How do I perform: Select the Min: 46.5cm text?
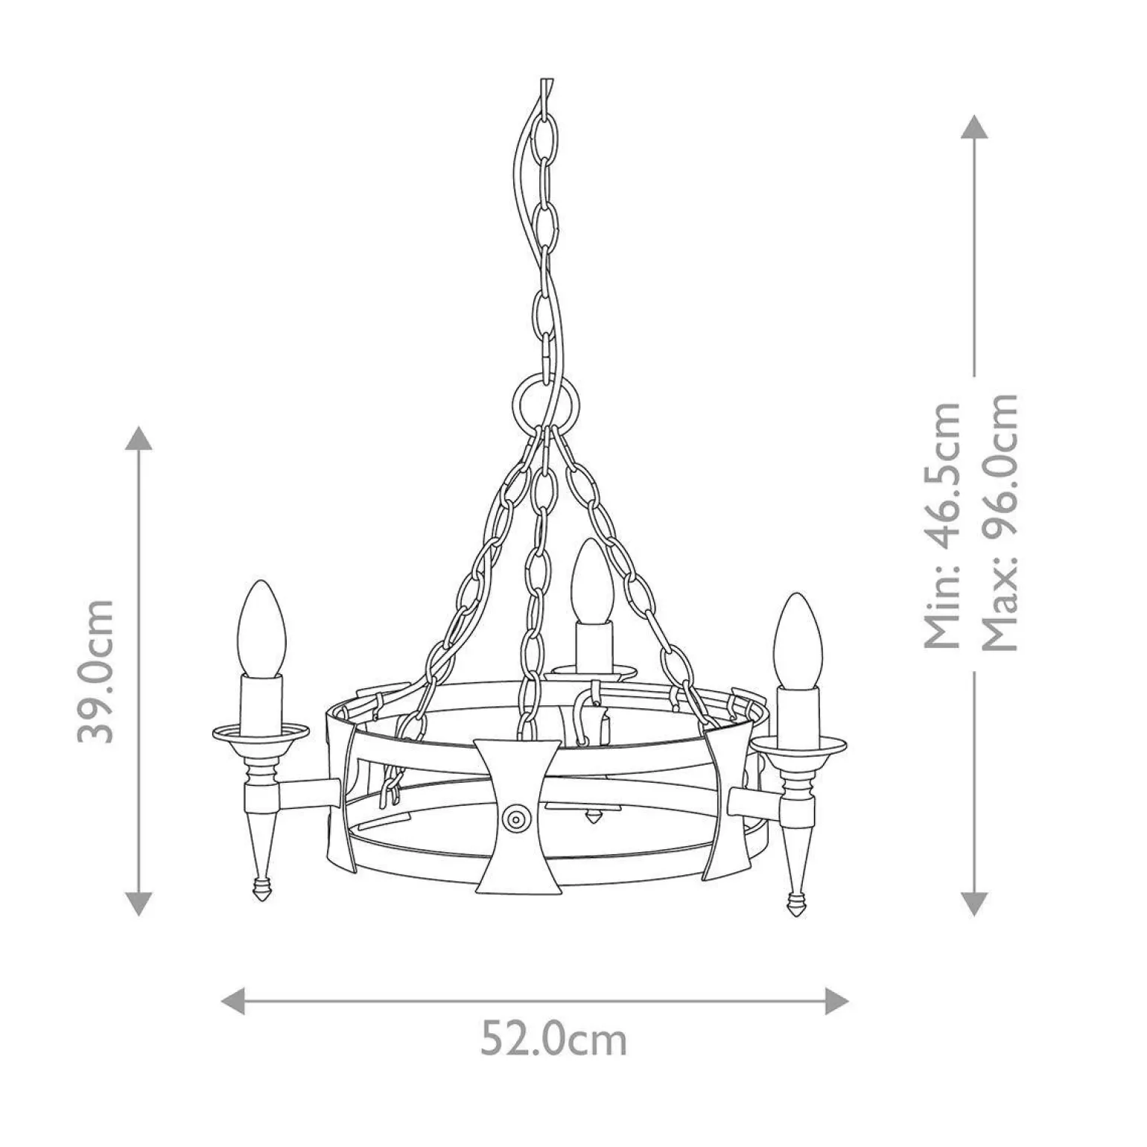(x=942, y=525)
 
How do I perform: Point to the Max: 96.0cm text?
(x=999, y=521)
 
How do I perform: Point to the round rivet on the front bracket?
(x=516, y=818)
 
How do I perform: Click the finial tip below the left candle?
(x=260, y=892)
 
